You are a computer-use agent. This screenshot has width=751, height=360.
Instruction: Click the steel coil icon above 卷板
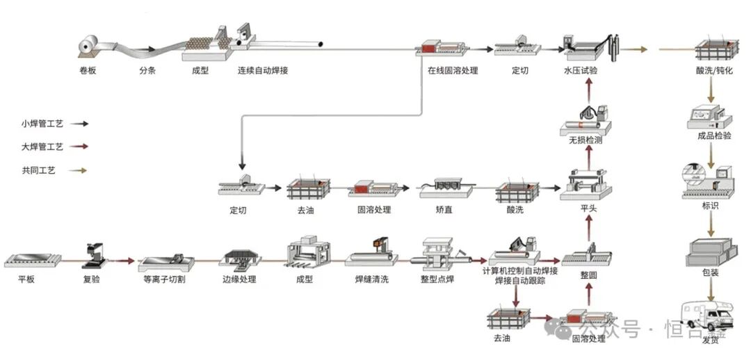click(88, 47)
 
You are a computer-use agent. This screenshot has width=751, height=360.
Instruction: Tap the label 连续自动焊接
click(263, 71)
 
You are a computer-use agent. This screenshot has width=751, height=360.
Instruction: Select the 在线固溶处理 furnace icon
click(442, 49)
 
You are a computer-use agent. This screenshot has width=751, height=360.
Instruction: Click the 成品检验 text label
click(714, 136)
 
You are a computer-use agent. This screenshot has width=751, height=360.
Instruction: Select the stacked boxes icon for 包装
click(711, 252)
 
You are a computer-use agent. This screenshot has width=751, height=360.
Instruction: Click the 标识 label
click(710, 206)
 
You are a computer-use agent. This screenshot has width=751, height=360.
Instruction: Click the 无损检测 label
click(585, 140)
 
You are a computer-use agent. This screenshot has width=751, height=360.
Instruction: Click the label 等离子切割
click(164, 279)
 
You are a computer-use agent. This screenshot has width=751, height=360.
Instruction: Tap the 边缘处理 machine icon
click(239, 258)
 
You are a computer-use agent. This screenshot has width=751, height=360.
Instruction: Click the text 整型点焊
click(437, 279)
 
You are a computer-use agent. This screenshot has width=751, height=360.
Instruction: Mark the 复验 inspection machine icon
click(95, 255)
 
